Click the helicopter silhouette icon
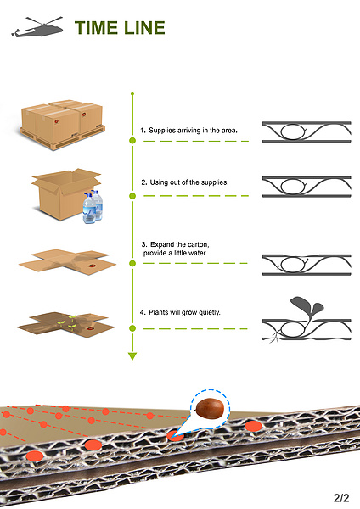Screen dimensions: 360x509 click(x=37, y=27)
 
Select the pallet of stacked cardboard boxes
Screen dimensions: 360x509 click(x=62, y=125)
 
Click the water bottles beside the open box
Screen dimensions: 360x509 click(x=93, y=207)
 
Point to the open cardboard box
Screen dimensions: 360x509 click(x=65, y=194)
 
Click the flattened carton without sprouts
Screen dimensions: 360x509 click(x=68, y=261)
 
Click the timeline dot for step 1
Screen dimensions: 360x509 click(x=132, y=141)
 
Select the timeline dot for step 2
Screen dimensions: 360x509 click(x=132, y=196)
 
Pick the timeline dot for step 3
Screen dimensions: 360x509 click(x=132, y=263)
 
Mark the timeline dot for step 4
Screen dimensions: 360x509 click(x=132, y=328)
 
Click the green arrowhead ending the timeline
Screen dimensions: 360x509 click(x=132, y=356)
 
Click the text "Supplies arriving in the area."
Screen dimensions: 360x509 click(x=193, y=131)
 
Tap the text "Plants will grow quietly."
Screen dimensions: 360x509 click(x=184, y=312)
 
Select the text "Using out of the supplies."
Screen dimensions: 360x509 click(x=189, y=182)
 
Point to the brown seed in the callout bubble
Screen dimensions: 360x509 click(x=210, y=409)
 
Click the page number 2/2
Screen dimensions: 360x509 click(x=341, y=498)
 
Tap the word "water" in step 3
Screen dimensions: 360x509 click(x=197, y=253)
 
